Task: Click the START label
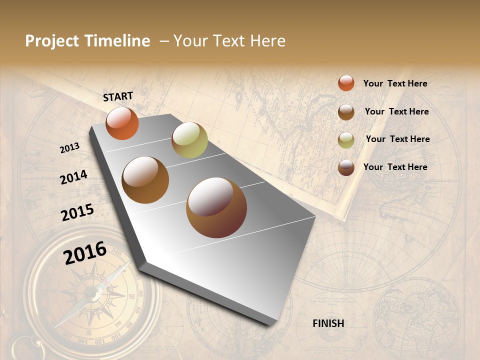click(118, 96)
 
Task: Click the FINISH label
click(328, 323)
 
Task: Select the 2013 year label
click(70, 147)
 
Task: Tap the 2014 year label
click(74, 177)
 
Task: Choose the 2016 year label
click(85, 252)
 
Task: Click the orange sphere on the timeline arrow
click(122, 123)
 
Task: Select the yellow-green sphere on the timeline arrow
click(189, 140)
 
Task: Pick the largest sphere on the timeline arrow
click(216, 207)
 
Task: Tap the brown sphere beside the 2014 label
click(145, 180)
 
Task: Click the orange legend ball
click(346, 83)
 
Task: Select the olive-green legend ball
click(346, 140)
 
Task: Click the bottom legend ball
click(346, 168)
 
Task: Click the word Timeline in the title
click(117, 41)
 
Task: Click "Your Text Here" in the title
click(229, 41)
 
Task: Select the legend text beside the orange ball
click(395, 83)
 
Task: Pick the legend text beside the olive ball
click(397, 139)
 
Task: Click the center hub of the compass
click(92, 293)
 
